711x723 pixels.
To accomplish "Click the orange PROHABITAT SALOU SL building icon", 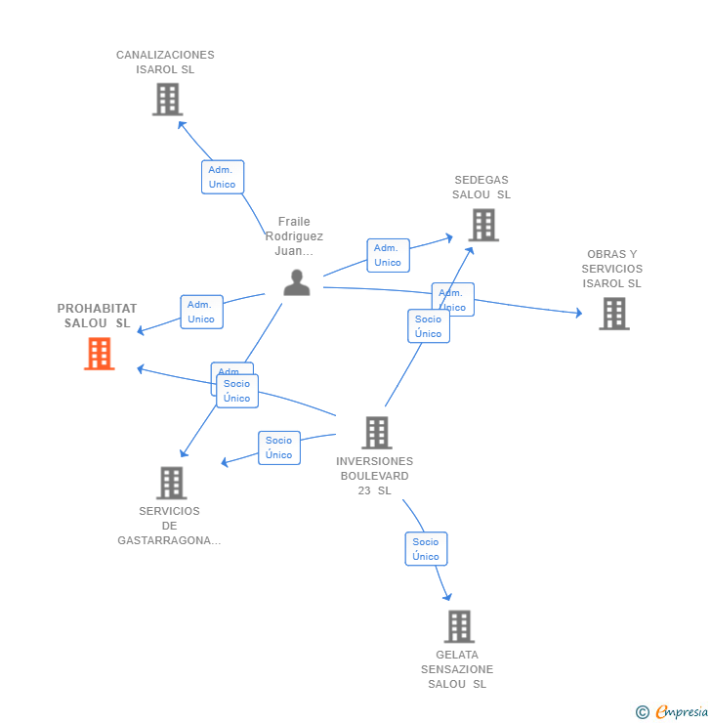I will pyautogui.click(x=100, y=354).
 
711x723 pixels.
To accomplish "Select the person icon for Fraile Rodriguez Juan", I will pyautogui.click(x=296, y=282).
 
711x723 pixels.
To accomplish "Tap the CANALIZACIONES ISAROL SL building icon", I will pyautogui.click(x=167, y=99).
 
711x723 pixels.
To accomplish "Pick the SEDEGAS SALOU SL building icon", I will pyautogui.click(x=482, y=225).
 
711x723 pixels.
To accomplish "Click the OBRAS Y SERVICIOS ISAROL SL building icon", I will pyautogui.click(x=613, y=314).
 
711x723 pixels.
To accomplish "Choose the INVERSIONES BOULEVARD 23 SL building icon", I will pyautogui.click(x=376, y=432).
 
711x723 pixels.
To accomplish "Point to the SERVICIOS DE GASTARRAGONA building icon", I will pyautogui.click(x=171, y=483).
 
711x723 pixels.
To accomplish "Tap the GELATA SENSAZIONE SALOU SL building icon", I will pyautogui.click(x=458, y=626).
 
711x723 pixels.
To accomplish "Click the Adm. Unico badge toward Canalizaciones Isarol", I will pyautogui.click(x=222, y=177).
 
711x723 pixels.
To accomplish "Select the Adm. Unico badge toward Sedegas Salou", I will pyautogui.click(x=388, y=255).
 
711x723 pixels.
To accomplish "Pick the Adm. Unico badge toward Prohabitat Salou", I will pyautogui.click(x=201, y=312).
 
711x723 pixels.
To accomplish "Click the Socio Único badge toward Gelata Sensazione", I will pyautogui.click(x=426, y=549).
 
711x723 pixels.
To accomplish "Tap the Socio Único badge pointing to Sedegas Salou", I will pyautogui.click(x=428, y=326).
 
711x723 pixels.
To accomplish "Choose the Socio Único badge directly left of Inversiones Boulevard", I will pyautogui.click(x=278, y=447).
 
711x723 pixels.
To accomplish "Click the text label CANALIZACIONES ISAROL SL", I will pyautogui.click(x=165, y=63).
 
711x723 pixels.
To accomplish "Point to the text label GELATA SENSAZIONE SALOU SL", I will pyautogui.click(x=457, y=669).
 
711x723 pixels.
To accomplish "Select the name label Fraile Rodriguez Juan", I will pyautogui.click(x=294, y=236).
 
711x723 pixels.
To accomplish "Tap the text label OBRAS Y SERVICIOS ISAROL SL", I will pyautogui.click(x=612, y=269).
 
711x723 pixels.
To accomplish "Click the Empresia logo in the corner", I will pyautogui.click(x=673, y=712).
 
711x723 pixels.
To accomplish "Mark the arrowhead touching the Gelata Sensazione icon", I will pyautogui.click(x=447, y=596).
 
